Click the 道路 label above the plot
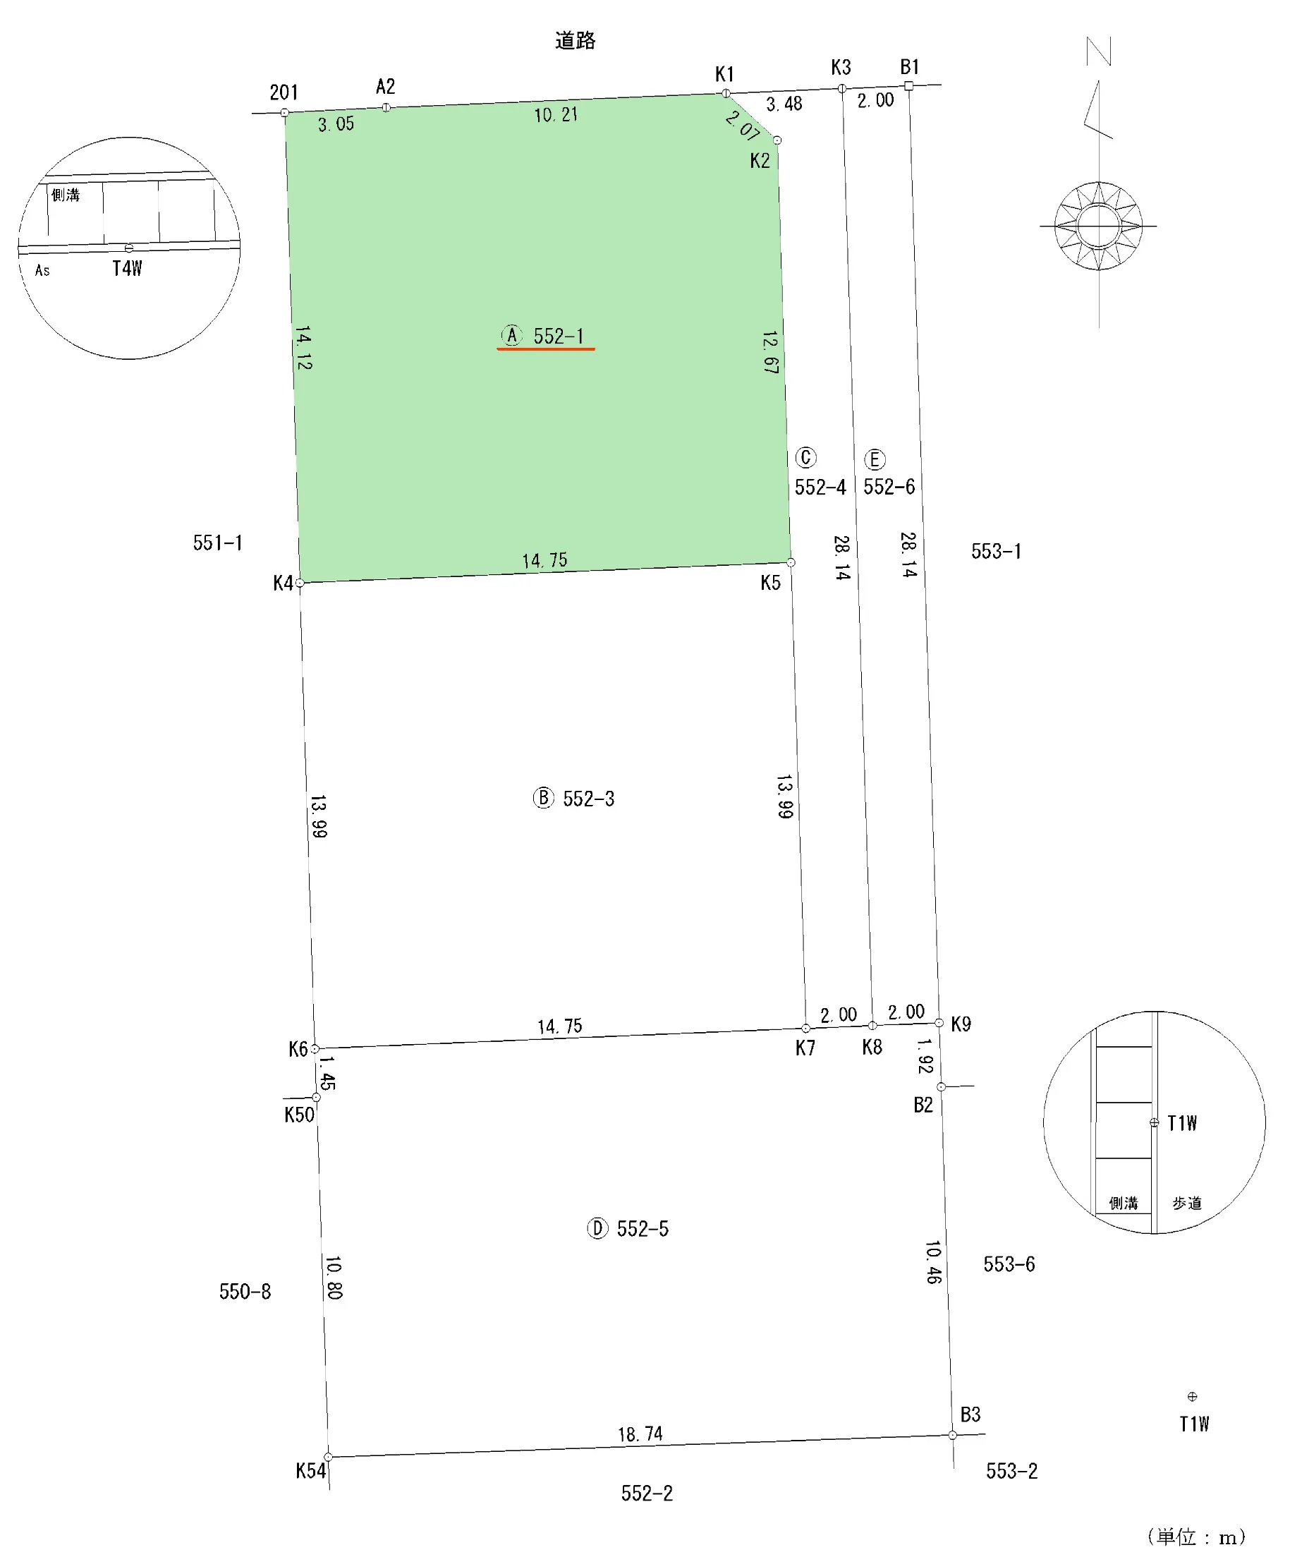[x=576, y=40]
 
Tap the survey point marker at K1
[x=726, y=93]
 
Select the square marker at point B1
[x=909, y=86]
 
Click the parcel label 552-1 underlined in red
[x=559, y=336]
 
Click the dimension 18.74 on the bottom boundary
[x=640, y=1434]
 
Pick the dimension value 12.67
[x=771, y=351]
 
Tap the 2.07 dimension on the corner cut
[x=743, y=125]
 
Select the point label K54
[x=310, y=1470]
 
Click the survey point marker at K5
[x=791, y=563]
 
